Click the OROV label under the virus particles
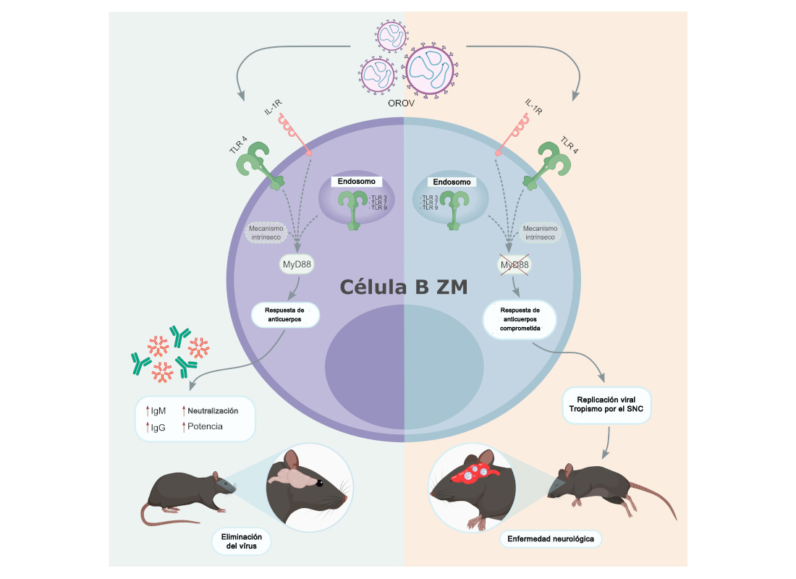click(x=401, y=105)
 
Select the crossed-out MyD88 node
click(x=515, y=266)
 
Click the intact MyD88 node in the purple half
click(x=296, y=266)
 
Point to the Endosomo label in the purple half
click(x=355, y=182)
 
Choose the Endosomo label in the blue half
click(x=452, y=182)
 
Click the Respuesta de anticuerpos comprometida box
click(x=520, y=318)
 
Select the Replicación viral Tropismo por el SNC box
click(x=608, y=405)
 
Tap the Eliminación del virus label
click(x=237, y=541)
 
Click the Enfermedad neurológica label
click(x=551, y=539)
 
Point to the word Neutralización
click(x=213, y=410)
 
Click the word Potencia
click(x=205, y=426)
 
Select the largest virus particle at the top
click(x=430, y=70)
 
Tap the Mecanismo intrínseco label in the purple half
click(x=267, y=231)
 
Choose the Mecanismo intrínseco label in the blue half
click(x=539, y=231)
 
